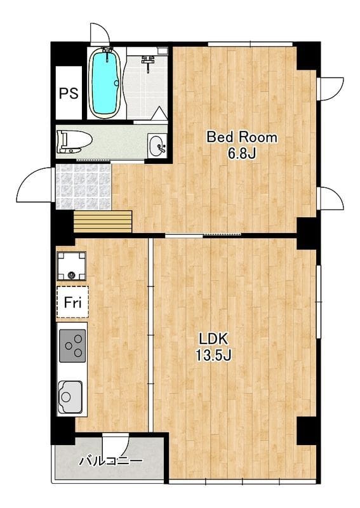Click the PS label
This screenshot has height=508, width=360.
[69, 93]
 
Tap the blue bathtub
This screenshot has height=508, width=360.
[105, 83]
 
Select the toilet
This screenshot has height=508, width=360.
[74, 142]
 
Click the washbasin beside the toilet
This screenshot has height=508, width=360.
[157, 145]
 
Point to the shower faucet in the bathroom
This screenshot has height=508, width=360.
[148, 62]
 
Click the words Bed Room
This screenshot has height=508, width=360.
[242, 137]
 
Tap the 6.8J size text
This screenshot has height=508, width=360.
[242, 154]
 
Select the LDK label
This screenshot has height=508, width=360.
[213, 339]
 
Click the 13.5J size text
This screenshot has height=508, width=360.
[213, 356]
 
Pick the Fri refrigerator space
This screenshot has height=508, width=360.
[72, 302]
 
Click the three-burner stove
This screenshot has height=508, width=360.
[73, 345]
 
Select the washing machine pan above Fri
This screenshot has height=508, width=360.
[72, 266]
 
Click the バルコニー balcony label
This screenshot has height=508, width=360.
[111, 460]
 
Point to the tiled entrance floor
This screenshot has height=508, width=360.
[84, 187]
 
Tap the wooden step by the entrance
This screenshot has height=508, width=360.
[103, 222]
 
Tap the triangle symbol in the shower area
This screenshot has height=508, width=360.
[159, 114]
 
